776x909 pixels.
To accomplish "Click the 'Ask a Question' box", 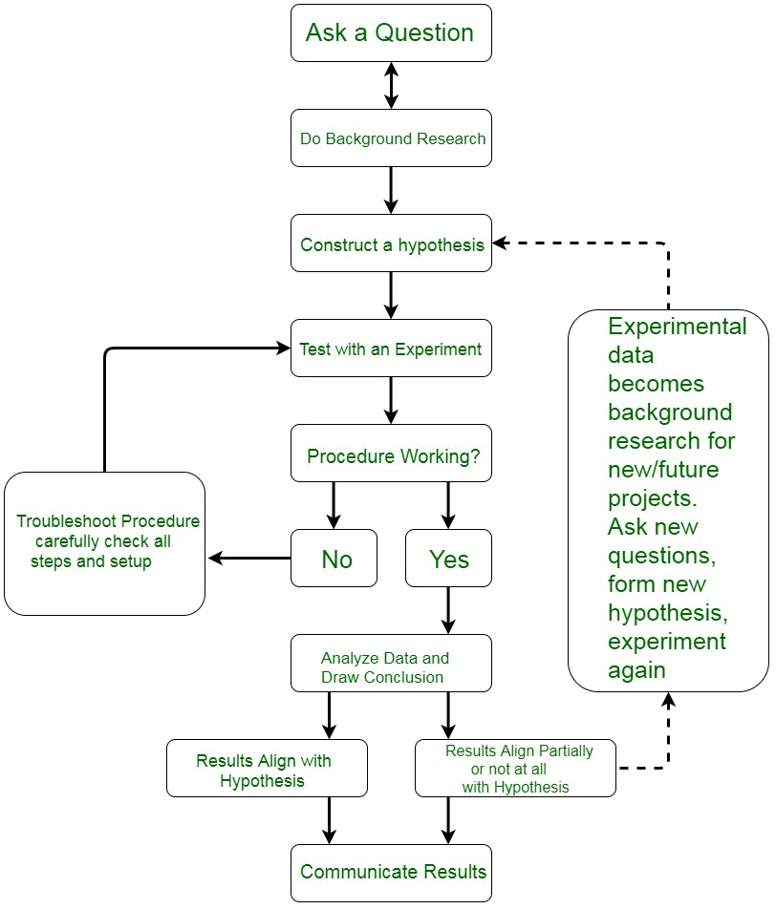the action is click(391, 33).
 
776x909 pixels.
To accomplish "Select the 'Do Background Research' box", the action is click(391, 138).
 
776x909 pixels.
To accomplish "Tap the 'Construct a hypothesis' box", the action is click(391, 243).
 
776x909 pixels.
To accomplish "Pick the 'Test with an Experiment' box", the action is click(391, 349).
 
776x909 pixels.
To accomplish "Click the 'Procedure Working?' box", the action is click(391, 454).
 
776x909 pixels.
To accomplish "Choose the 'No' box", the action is click(334, 559).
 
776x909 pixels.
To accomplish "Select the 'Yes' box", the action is click(448, 559).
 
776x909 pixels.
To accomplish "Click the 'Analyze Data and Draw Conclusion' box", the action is click(391, 664).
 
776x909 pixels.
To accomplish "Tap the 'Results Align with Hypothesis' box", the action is click(267, 768).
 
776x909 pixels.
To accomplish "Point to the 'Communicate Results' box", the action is click(391, 873).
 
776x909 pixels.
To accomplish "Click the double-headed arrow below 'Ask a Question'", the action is click(391, 86).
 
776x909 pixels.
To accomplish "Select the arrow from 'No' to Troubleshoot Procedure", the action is click(249, 559).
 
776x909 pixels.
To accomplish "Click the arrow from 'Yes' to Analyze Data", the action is click(448, 610).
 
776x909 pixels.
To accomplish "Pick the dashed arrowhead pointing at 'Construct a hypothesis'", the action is click(499, 243).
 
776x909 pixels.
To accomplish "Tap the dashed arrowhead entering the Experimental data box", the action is click(669, 699).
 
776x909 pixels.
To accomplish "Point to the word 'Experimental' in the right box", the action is click(678, 327).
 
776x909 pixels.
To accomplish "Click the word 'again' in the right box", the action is click(636, 670).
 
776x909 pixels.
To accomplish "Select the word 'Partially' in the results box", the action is click(566, 750).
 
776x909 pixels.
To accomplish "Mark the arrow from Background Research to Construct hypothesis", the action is click(391, 191).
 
